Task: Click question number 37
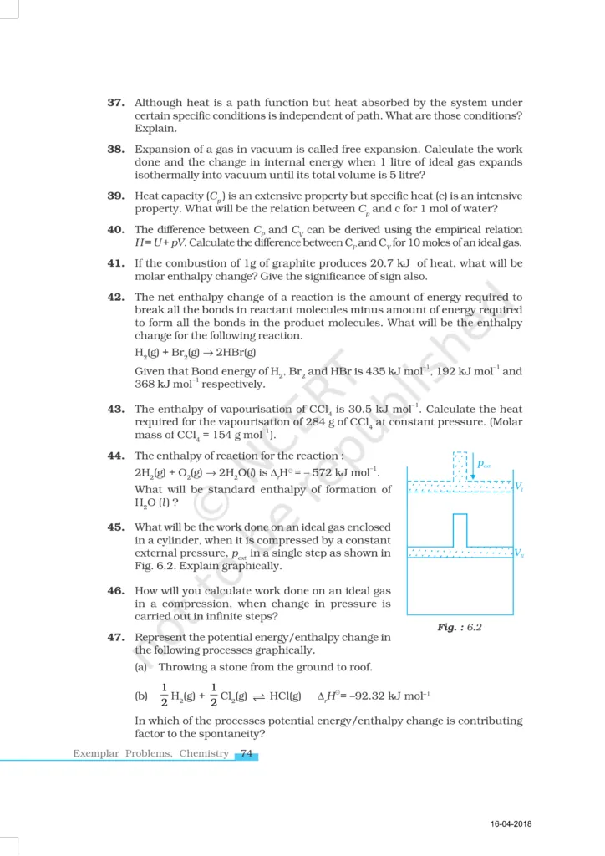pos(116,102)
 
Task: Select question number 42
pos(116,297)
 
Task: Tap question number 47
pos(116,637)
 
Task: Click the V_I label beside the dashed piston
pos(518,487)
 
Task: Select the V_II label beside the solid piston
pos(518,553)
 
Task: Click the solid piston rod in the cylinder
pos(459,529)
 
